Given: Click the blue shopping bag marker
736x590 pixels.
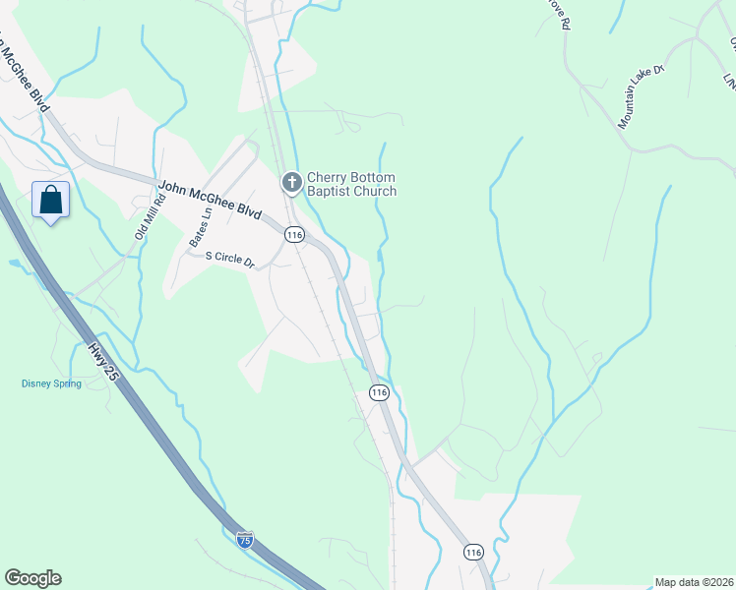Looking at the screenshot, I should [51, 201].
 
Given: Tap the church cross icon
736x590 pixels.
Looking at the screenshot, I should [291, 182].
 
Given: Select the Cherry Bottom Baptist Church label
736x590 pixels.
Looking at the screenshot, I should [351, 184].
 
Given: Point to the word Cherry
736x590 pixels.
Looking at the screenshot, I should [329, 177].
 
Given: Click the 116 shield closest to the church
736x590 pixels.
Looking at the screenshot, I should [294, 234].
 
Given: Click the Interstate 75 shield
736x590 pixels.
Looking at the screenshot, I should [245, 539].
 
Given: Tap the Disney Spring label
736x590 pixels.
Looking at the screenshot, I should [52, 383].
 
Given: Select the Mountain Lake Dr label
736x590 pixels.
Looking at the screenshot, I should [643, 96].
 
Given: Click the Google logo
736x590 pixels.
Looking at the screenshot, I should [32, 578].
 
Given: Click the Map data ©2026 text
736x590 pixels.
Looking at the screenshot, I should [694, 582].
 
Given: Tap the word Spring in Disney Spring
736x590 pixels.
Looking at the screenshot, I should [67, 383].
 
